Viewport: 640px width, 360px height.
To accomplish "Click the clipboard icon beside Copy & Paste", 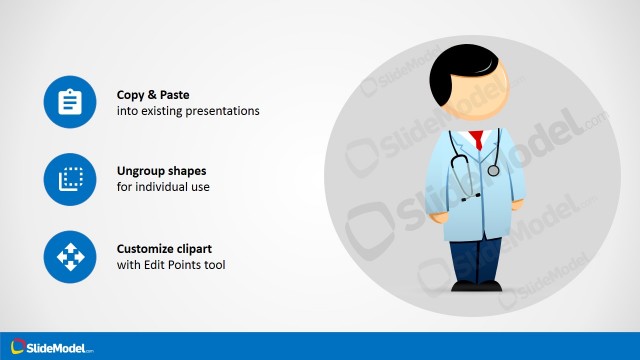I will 69,102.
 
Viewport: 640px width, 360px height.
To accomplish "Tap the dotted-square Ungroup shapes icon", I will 69,180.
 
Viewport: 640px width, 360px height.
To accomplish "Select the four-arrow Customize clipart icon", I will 69,258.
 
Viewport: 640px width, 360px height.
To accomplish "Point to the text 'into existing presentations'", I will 188,111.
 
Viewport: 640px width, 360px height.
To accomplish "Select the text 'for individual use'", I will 163,187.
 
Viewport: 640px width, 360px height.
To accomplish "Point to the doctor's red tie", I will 479,140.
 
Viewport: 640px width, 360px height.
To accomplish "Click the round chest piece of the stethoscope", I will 493,171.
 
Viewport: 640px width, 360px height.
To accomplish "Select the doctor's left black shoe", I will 463,286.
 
